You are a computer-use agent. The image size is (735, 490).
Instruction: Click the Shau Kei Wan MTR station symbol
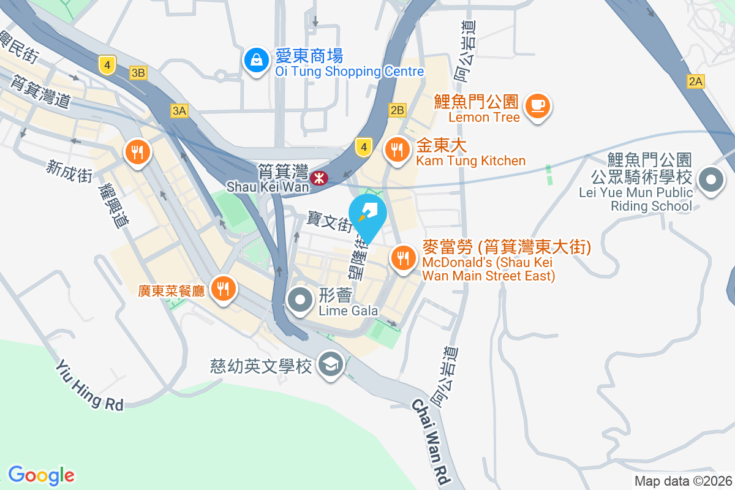click(x=318, y=178)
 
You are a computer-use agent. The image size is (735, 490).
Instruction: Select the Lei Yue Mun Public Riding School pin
click(x=710, y=181)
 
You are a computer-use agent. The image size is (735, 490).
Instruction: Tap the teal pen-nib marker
click(x=368, y=215)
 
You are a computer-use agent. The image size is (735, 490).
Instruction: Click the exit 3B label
click(x=138, y=73)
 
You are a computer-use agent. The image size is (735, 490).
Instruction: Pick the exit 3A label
click(x=179, y=110)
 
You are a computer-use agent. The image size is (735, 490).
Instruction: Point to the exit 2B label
click(x=397, y=110)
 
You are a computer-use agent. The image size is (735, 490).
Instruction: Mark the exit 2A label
click(x=696, y=81)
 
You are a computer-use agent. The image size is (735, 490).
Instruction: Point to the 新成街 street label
click(x=69, y=170)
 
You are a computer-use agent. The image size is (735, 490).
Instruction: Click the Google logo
click(x=41, y=475)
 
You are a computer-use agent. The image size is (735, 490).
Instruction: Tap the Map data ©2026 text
click(x=683, y=481)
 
